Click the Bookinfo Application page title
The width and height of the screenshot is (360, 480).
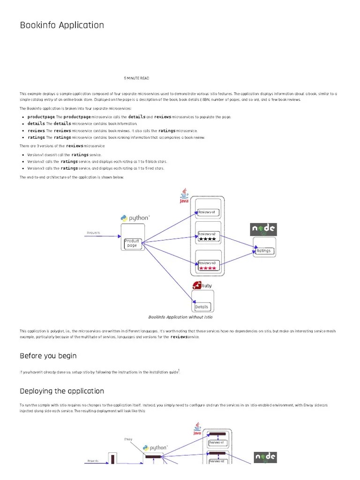[62, 25]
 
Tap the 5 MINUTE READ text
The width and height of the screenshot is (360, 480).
[136, 78]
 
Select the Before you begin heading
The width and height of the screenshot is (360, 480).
[48, 356]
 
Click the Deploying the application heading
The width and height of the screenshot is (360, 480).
[62, 391]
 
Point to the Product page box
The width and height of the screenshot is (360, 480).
[132, 243]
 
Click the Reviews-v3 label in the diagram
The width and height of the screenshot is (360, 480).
[207, 263]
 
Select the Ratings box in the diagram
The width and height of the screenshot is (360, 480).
[264, 251]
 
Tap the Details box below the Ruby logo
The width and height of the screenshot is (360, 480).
[202, 307]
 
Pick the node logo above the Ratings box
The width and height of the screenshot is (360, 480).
[263, 229]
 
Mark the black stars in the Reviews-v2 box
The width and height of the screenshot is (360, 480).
[207, 239]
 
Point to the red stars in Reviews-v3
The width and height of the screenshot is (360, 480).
[207, 269]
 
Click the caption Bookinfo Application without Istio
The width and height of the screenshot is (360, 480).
[180, 317]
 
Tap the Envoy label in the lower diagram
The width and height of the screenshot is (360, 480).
[128, 439]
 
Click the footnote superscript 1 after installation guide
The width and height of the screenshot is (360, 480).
[179, 370]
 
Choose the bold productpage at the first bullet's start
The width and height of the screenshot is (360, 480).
[41, 117]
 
